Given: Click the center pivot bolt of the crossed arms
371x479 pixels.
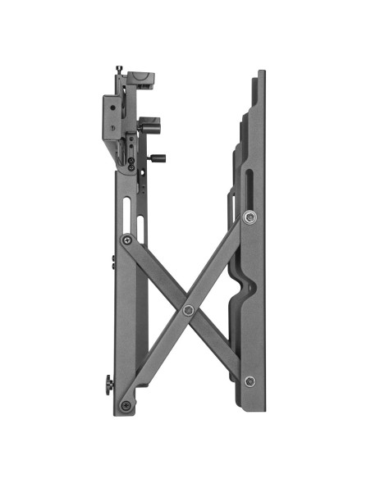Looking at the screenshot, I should (188, 310).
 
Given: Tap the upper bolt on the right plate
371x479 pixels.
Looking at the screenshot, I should (250, 217).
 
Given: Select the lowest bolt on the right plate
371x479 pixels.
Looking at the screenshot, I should (250, 381).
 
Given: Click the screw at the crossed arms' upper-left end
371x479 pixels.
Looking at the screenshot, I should (126, 239).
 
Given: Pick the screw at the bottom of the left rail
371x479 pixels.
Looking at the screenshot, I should (126, 404).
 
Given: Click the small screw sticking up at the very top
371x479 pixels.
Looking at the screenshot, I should (120, 69).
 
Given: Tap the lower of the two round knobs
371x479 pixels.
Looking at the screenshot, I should (157, 157).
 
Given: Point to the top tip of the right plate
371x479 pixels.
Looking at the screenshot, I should (261, 74).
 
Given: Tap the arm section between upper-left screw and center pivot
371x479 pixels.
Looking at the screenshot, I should (157, 275).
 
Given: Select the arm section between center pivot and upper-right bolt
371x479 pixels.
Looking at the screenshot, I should (219, 263).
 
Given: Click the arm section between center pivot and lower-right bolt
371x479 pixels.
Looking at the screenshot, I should (219, 346).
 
